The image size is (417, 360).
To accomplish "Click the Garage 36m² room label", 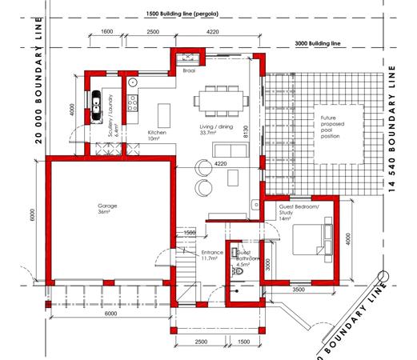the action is click(x=107, y=209).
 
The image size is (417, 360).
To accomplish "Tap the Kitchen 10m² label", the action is click(x=157, y=135).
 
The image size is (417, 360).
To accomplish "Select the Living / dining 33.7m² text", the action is click(x=216, y=130).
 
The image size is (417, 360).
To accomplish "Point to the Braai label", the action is click(x=189, y=70).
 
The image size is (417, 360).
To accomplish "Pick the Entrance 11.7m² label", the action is click(x=212, y=255).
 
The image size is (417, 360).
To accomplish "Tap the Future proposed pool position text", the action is click(x=332, y=127).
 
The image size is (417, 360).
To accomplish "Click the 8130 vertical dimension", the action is click(x=246, y=131).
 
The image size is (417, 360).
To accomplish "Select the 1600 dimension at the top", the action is click(x=107, y=31).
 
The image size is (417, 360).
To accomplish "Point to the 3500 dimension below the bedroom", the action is click(x=299, y=290).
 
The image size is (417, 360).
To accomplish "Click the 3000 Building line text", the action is click(x=318, y=43).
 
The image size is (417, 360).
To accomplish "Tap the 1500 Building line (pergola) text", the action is click(x=182, y=14).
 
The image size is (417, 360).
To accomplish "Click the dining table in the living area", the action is click(x=221, y=101).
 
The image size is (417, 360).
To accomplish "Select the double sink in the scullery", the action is click(x=96, y=106).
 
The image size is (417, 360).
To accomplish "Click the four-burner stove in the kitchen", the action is click(x=132, y=103).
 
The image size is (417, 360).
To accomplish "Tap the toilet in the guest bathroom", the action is click(x=238, y=271).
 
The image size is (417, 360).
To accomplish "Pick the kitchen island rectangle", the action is click(x=164, y=116).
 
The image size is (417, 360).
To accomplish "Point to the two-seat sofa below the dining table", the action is click(x=231, y=150).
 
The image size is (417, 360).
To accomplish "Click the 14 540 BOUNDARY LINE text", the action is click(x=391, y=129).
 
